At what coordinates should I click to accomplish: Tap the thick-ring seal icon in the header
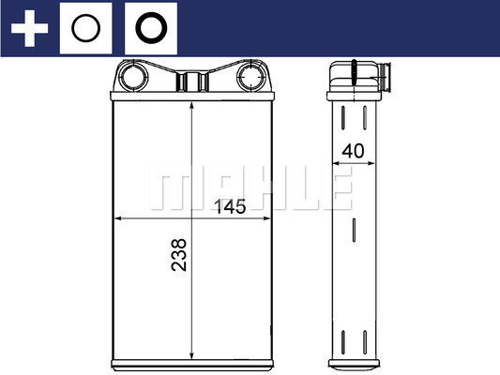point(149,29)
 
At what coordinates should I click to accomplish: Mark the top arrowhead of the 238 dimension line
point(192,101)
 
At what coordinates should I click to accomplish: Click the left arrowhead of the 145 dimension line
point(117,220)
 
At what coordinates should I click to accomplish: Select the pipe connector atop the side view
point(361,74)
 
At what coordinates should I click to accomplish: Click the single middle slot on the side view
point(355,232)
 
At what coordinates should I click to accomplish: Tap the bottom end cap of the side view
point(355,363)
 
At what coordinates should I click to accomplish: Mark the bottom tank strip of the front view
point(192,362)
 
